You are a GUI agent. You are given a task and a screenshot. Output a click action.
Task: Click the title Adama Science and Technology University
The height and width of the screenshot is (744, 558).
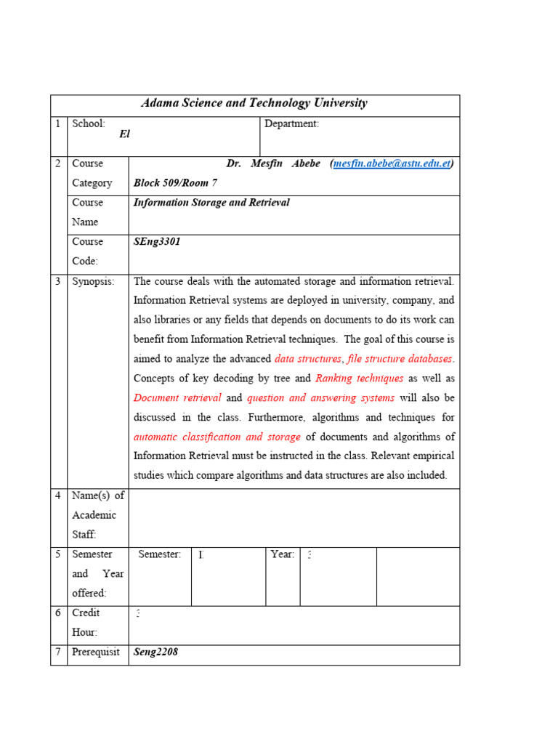254,103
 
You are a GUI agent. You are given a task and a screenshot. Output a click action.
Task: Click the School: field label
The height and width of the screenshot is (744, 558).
89,124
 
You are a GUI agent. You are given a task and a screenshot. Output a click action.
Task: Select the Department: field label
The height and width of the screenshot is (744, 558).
291,124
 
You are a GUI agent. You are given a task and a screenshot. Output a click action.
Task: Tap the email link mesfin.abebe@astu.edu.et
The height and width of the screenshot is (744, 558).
392,163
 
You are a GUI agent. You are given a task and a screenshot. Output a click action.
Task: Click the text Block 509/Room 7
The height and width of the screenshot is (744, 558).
175,183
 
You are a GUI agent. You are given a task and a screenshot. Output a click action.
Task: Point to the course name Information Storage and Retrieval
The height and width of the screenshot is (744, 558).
211,203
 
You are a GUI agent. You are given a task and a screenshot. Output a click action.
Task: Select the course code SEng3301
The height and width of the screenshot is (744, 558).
157,242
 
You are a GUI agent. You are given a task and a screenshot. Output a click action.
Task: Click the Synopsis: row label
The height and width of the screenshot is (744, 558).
93,281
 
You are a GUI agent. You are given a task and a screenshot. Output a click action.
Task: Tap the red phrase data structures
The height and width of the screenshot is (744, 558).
308,359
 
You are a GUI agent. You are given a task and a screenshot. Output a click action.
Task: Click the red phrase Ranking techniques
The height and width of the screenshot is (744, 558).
360,379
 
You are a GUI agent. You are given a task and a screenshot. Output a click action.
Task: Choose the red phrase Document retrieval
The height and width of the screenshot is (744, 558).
177,398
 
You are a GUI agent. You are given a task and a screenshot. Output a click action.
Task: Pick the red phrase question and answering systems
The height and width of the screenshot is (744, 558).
320,398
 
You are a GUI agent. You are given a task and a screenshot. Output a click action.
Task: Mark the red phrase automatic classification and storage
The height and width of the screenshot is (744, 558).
217,437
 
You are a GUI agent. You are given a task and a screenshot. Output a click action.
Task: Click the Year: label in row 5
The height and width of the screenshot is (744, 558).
282,554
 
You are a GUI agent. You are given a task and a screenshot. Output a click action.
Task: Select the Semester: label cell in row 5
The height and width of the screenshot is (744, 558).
159,554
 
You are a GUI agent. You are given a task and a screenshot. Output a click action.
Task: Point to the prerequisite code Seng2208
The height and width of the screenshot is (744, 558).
155,652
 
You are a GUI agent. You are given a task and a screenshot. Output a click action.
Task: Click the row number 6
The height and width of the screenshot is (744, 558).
58,613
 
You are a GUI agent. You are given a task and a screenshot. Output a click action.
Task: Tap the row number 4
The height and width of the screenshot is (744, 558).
58,496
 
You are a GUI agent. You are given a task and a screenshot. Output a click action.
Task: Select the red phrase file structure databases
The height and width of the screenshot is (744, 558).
400,359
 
